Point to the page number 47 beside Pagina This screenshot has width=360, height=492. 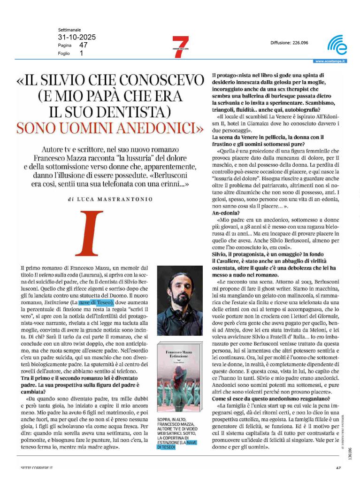pos(84,45)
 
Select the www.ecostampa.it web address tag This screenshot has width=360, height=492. pos(330,61)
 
